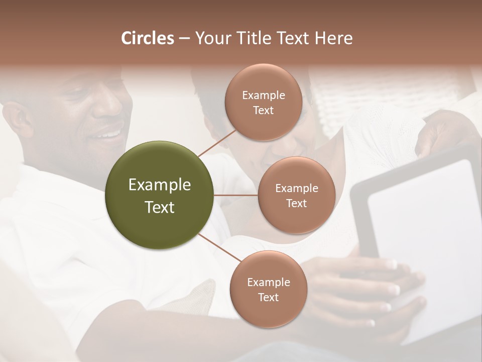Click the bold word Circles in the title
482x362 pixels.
coord(148,38)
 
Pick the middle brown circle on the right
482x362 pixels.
coord(296,195)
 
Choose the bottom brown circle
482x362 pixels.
coord(268,289)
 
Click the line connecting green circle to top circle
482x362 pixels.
coord(217,143)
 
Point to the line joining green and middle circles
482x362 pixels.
coord(236,195)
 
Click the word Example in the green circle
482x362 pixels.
coord(160,185)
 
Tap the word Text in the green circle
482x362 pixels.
coord(160,207)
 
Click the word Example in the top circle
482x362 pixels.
coord(263,95)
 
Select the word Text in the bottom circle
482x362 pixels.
coord(268,297)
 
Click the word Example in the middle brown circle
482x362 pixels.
coord(296,188)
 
